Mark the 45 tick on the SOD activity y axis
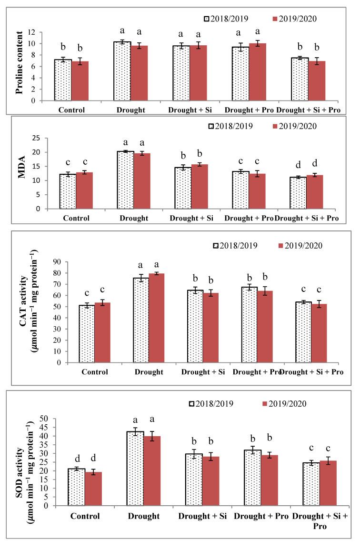coord(46,427)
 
